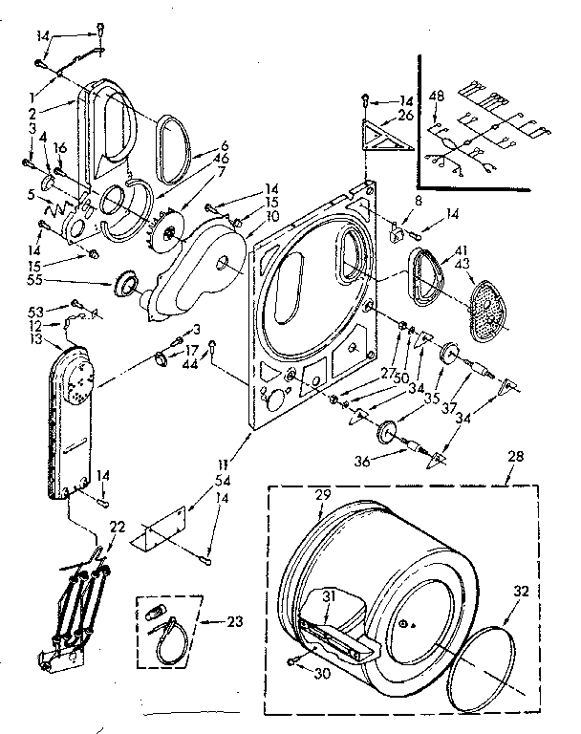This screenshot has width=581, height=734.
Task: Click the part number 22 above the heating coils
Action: pos(118,528)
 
